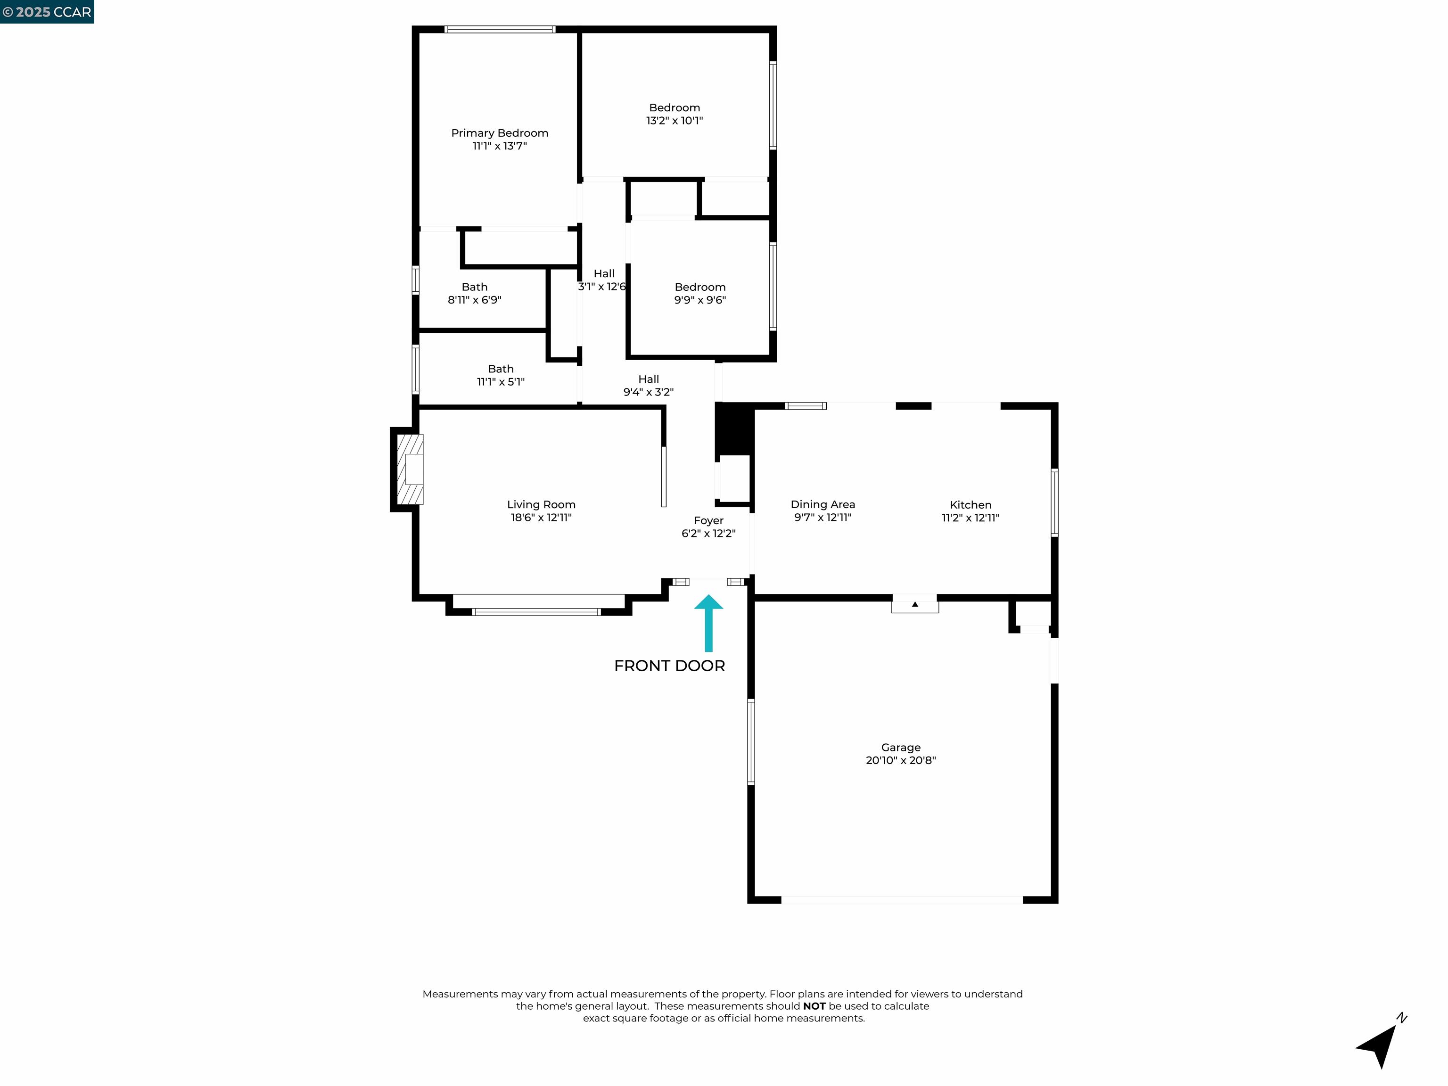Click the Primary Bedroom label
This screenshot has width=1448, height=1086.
click(x=500, y=133)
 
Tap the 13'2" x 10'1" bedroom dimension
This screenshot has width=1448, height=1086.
click(x=674, y=121)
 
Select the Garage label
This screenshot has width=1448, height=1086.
click(x=900, y=747)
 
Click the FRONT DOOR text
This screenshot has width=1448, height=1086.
click(x=669, y=666)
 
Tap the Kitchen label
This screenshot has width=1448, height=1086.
click(x=970, y=505)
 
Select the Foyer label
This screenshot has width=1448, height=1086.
click(x=708, y=520)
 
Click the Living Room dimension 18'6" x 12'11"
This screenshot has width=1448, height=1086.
click(x=541, y=517)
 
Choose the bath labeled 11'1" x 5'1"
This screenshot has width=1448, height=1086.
click(x=500, y=375)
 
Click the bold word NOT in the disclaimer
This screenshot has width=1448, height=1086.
click(x=814, y=1006)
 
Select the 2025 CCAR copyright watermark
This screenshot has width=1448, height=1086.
click(x=47, y=12)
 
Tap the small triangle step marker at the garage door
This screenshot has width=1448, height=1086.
click(x=914, y=604)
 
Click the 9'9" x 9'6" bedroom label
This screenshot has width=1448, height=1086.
click(x=700, y=293)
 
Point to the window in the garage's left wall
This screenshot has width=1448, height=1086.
click(x=751, y=741)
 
